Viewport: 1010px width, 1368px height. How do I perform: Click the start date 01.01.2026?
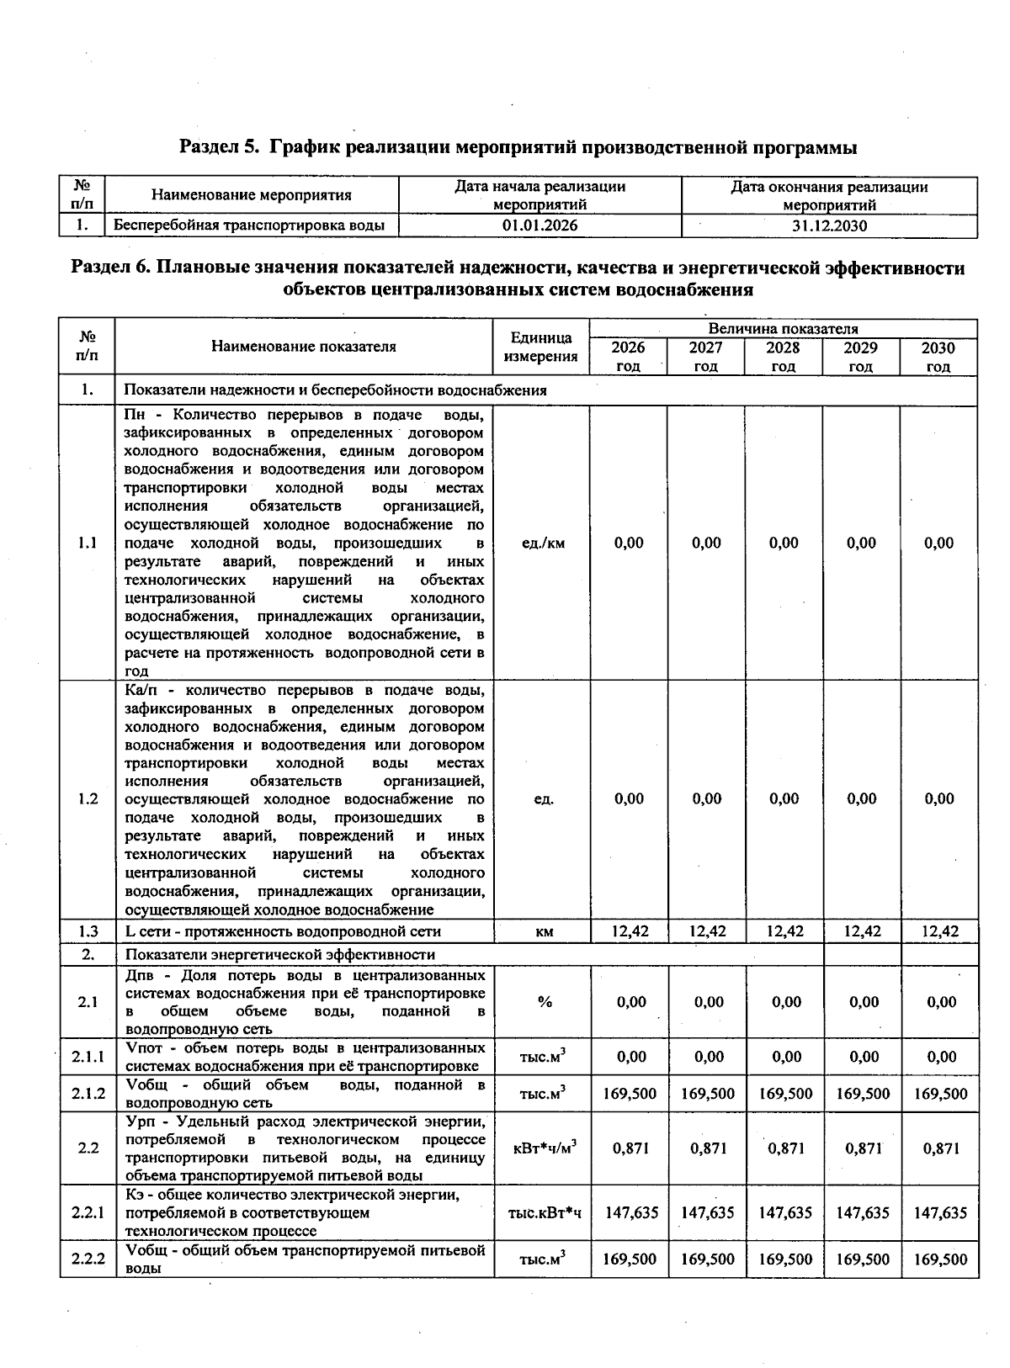[540, 225]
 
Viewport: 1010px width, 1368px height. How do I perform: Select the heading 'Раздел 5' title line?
[518, 148]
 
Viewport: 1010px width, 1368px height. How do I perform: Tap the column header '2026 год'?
[628, 357]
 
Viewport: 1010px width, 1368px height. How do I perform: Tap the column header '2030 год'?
[938, 357]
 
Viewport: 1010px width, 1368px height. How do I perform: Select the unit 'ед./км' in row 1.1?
[544, 543]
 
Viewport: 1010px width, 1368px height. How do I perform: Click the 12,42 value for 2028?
[784, 931]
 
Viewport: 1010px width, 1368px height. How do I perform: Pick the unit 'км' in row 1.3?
[544, 931]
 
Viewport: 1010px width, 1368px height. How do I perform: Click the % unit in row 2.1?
[545, 1001]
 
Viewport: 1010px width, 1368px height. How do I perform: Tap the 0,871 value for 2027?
[707, 1148]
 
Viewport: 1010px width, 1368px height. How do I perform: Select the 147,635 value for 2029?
[862, 1212]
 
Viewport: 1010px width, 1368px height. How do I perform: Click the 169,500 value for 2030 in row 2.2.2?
[940, 1259]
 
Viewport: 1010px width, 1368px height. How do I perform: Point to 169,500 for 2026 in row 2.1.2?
[630, 1094]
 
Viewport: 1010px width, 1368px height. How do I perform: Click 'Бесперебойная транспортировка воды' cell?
[249, 225]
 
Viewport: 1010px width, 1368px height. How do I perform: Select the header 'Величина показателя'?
[783, 329]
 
